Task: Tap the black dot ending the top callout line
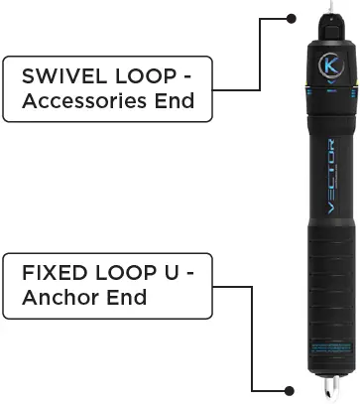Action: pyautogui.click(x=291, y=18)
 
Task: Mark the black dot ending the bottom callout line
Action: pyautogui.click(x=291, y=391)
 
